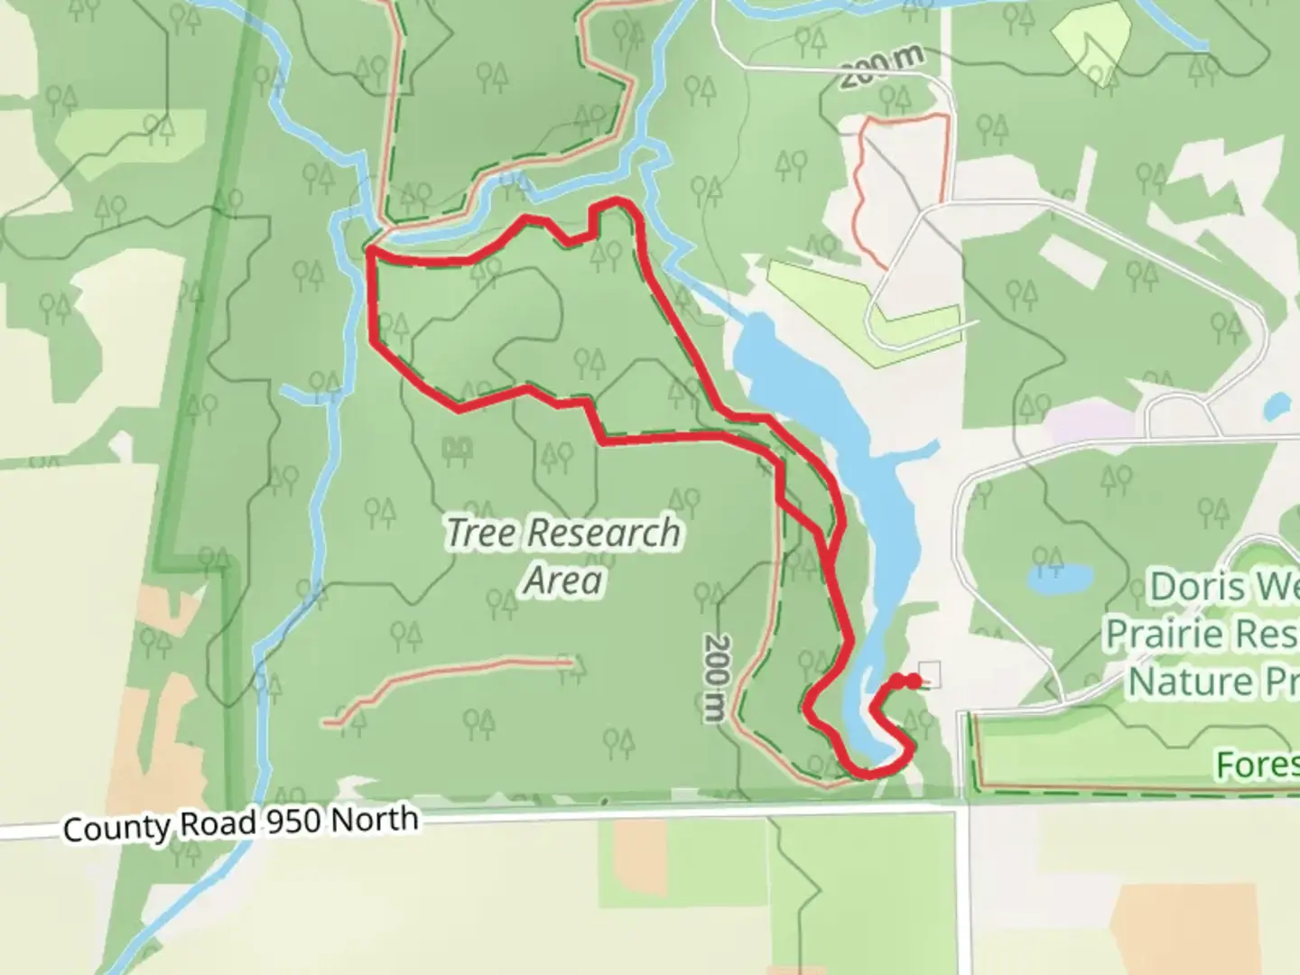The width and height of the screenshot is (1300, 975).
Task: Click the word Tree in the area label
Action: point(480,533)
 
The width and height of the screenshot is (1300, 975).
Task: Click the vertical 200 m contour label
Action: point(715,677)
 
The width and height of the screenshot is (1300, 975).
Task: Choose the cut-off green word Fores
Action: point(1257,766)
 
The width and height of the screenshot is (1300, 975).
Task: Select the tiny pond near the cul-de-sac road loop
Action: point(1276,407)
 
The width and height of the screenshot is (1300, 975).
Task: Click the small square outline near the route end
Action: point(930,674)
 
